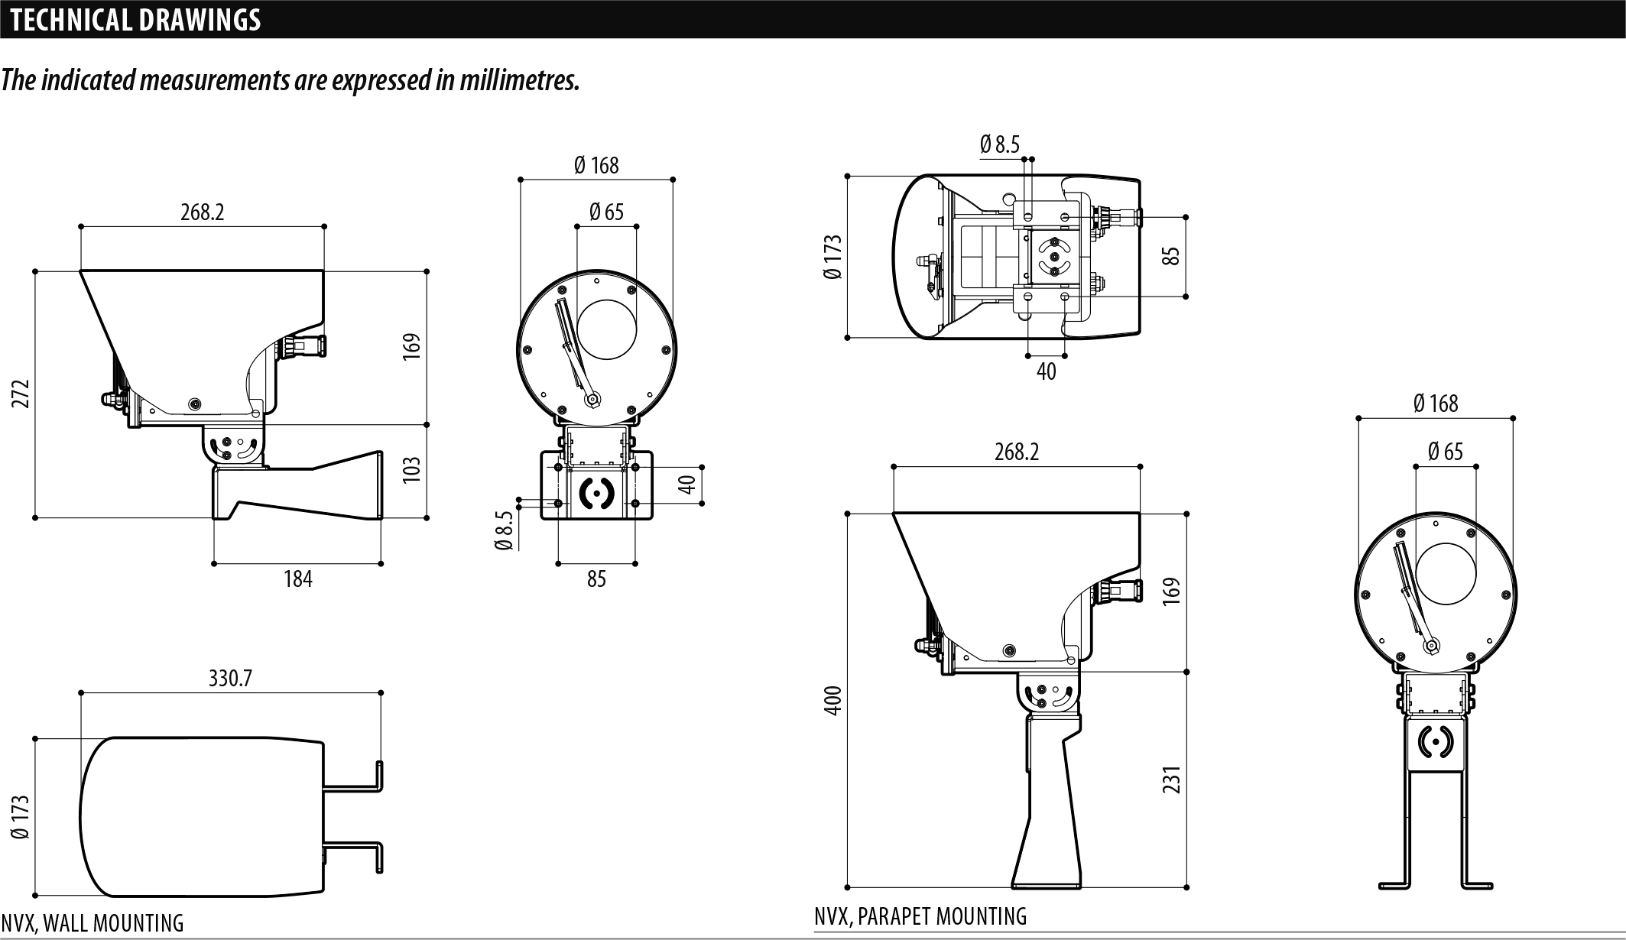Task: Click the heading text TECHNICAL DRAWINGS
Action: [136, 20]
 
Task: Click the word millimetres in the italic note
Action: [518, 79]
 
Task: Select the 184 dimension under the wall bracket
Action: [297, 579]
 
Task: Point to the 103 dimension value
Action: [411, 468]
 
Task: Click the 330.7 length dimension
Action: [230, 678]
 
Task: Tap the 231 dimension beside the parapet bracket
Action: [1172, 779]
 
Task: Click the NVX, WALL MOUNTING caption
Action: [92, 923]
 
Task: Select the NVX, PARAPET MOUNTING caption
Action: [920, 916]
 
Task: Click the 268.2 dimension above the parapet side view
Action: [1017, 452]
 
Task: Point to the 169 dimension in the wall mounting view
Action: [411, 346]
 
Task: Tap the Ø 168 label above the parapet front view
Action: [1436, 403]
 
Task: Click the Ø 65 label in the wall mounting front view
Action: [606, 212]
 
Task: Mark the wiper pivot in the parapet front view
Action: [1430, 647]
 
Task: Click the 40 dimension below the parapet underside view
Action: [1046, 371]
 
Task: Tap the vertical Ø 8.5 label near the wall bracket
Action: [503, 530]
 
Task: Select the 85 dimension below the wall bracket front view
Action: [596, 579]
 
